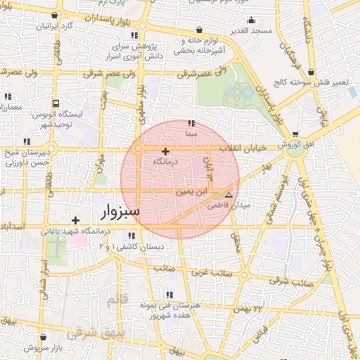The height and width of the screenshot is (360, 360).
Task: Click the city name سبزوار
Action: click(x=115, y=210)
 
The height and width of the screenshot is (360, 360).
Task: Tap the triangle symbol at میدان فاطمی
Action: click(x=229, y=194)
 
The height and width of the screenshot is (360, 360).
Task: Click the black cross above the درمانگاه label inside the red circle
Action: click(x=165, y=151)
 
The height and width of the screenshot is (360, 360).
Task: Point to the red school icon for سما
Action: click(x=192, y=124)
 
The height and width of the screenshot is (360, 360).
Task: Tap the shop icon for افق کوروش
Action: click(x=295, y=134)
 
